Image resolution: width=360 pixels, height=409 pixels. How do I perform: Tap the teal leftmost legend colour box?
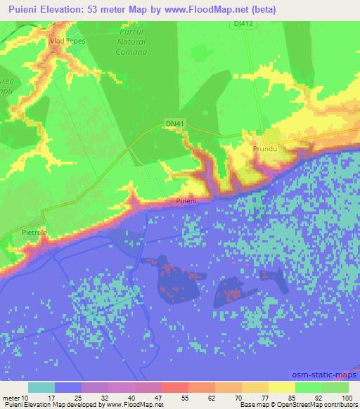pos(41,387)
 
